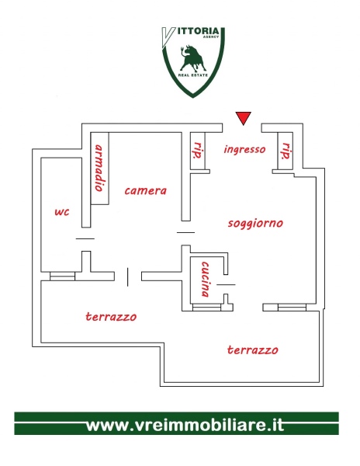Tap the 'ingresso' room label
244,149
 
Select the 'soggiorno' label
255,223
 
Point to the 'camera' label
145,190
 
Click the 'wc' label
62,212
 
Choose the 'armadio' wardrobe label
99,168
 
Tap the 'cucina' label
205,279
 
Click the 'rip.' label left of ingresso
198,151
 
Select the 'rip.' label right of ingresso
286,151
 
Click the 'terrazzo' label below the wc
111,317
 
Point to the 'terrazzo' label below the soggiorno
253,349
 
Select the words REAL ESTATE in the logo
193,75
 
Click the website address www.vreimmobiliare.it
185,426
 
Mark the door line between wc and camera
85,238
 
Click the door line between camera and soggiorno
185,233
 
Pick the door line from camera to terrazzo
127,277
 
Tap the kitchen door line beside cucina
226,285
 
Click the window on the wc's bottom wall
62,276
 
